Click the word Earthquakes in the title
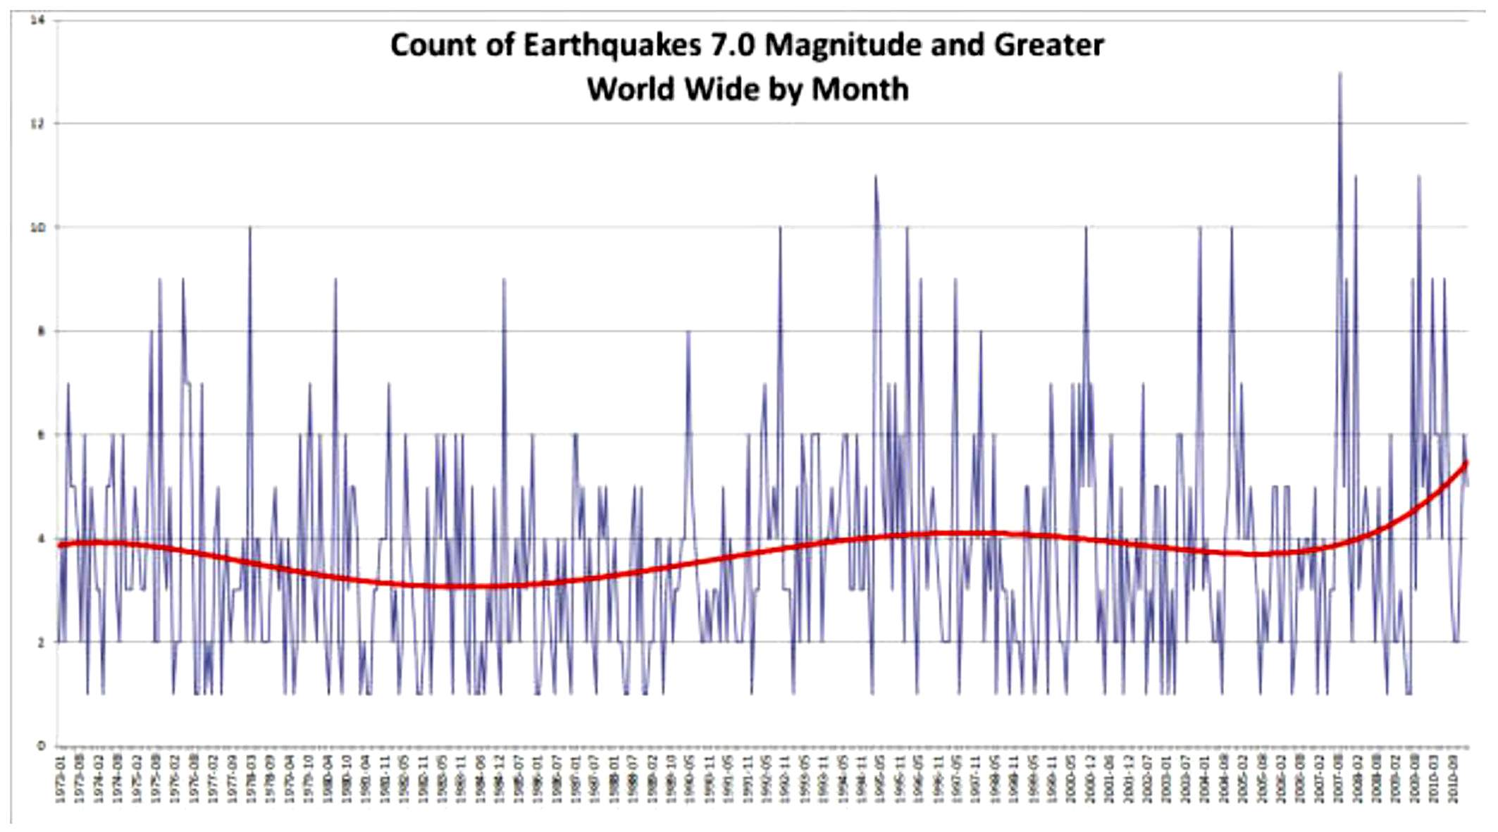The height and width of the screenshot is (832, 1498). (612, 46)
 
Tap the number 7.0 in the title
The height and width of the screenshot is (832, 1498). (731, 46)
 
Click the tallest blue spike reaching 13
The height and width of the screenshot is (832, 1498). (1340, 73)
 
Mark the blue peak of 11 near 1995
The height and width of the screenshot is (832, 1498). (875, 177)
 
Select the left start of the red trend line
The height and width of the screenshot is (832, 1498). (60, 545)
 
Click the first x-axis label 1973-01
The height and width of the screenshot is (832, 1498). (61, 778)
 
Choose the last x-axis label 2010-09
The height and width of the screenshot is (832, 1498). (1452, 778)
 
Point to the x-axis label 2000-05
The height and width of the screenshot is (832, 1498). (1071, 778)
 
